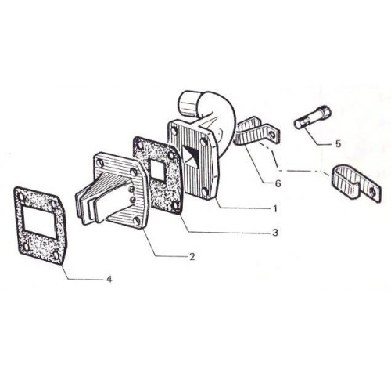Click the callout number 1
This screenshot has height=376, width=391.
(275, 209)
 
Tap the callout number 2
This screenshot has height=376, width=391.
(192, 257)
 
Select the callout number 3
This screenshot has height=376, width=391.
(275, 233)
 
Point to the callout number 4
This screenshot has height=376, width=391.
(109, 279)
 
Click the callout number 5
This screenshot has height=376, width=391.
(338, 143)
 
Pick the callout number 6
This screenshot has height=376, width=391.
(278, 183)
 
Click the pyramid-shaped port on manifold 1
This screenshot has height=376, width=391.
(193, 157)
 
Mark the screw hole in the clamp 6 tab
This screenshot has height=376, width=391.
(272, 135)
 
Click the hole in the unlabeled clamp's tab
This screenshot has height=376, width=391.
(373, 192)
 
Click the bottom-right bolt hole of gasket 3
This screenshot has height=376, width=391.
(175, 205)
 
